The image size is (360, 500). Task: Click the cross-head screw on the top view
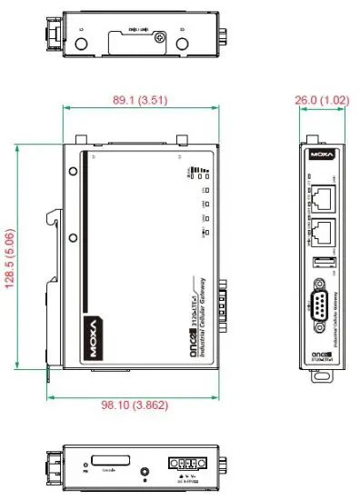click(160, 37)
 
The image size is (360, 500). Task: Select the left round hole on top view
click(82, 44)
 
